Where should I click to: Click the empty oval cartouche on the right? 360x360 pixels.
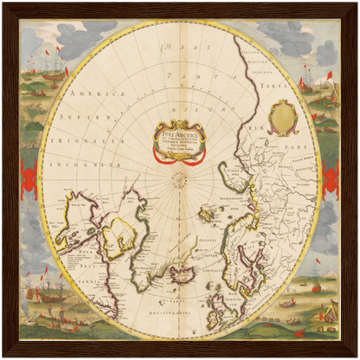tap(281, 117)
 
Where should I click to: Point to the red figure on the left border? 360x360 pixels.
tap(27, 179)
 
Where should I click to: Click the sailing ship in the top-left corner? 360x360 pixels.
tap(48, 65)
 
